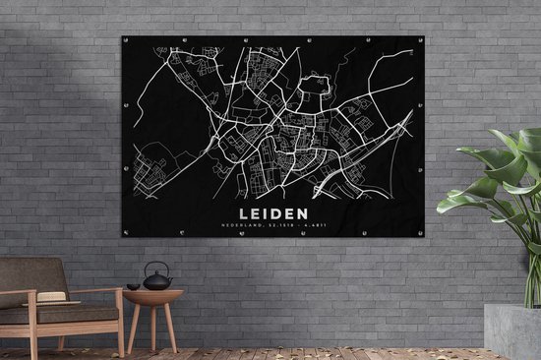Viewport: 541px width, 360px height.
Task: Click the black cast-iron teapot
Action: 157,281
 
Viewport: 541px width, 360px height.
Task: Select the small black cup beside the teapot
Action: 133,286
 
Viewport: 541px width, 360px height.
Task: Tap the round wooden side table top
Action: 152,292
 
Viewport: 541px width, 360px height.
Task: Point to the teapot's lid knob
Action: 157,274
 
